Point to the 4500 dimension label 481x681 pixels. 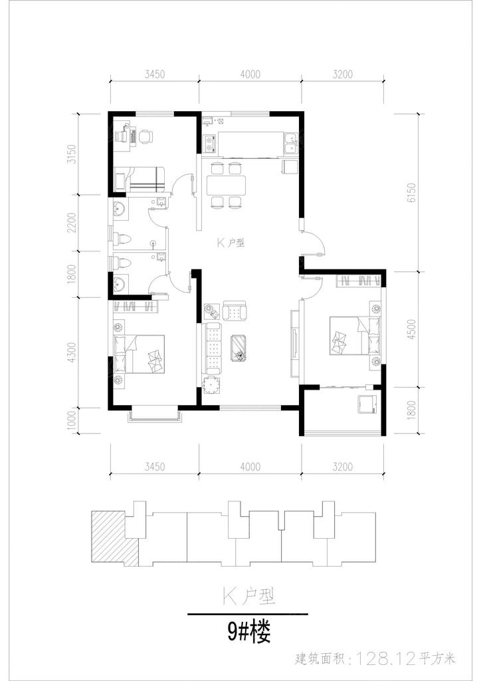point(412,330)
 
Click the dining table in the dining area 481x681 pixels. point(226,185)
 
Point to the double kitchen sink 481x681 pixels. point(291,144)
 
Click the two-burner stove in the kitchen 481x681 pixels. point(210,144)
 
